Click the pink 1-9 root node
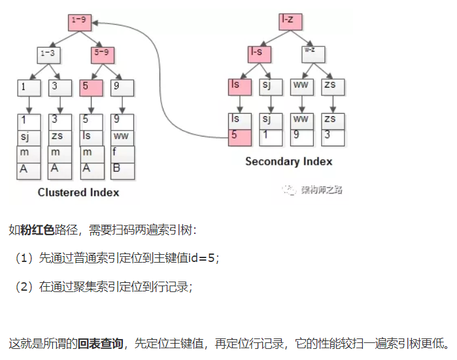click(78, 22)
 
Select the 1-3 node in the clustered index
click(47, 54)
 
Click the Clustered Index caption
click(78, 192)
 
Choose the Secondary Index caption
click(288, 161)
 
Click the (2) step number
click(24, 286)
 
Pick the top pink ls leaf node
click(239, 85)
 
